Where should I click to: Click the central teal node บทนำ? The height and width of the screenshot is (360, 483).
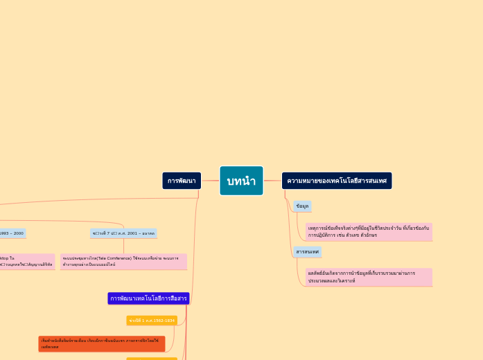coord(241,181)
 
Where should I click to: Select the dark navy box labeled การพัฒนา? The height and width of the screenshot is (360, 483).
coord(182,181)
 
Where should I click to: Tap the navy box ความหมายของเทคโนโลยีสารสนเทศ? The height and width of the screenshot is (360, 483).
coord(337,181)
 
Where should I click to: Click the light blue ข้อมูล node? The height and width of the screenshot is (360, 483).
coord(302,206)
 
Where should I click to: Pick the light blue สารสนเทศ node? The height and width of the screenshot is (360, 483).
coord(307,251)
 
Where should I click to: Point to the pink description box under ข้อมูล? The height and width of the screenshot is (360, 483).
coord(369,231)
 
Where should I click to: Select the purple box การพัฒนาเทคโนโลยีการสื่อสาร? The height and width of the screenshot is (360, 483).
coord(148,298)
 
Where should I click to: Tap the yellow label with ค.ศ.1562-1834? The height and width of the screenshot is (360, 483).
coord(152,321)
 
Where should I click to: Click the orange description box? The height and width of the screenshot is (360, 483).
coord(101,343)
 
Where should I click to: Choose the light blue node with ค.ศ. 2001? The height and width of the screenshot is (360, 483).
coord(123,233)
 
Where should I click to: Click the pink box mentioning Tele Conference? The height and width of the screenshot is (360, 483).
coord(123,261)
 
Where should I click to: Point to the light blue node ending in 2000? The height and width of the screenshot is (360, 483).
coord(12,233)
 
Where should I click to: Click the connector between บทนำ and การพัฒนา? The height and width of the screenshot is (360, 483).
coord(211,181)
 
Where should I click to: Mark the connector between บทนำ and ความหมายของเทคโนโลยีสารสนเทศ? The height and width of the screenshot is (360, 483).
coord(272,181)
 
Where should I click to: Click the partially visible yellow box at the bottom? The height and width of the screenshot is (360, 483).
coord(152,359)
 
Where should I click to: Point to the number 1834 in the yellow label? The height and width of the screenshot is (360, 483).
coord(168,321)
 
